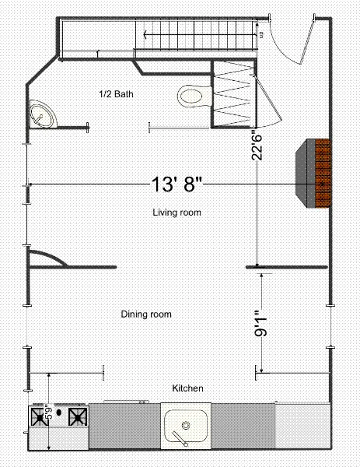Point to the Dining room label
(x=146, y=314)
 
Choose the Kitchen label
(x=187, y=388)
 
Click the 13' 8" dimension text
(x=178, y=184)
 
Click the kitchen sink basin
(x=187, y=427)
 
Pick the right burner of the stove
(x=78, y=418)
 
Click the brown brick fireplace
(x=315, y=173)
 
